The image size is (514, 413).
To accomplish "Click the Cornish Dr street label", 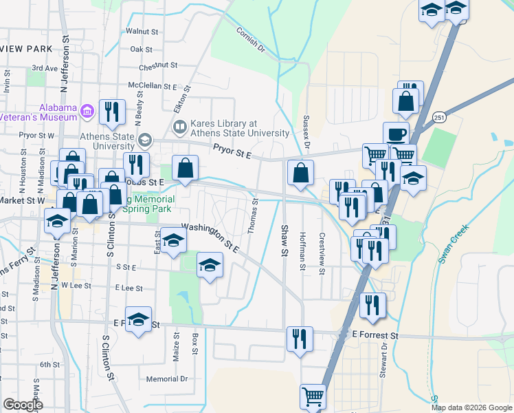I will pyautogui.click(x=250, y=40).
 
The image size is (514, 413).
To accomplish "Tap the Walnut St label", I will pyautogui.click(x=142, y=32).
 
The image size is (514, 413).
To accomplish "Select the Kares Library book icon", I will pyautogui.click(x=180, y=127).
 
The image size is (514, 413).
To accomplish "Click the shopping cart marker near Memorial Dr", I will pyautogui.click(x=313, y=396).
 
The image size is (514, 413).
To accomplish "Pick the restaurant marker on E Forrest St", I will pyautogui.click(x=299, y=338).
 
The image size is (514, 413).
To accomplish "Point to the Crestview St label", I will pyautogui.click(x=321, y=251).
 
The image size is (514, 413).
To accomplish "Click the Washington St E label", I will pyautogui.click(x=210, y=237).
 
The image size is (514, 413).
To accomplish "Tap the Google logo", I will pyautogui.click(x=23, y=405).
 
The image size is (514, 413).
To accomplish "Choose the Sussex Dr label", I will pyautogui.click(x=306, y=131).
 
